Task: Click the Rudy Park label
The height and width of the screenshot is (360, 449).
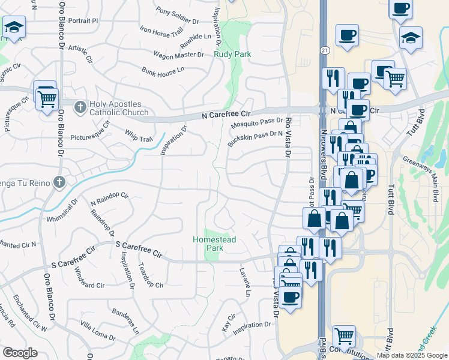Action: pyautogui.click(x=232, y=54)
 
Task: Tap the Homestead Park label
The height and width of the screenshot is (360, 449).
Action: pyautogui.click(x=214, y=244)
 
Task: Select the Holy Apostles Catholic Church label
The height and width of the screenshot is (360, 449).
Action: pyautogui.click(x=119, y=108)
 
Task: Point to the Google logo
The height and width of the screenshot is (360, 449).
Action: pyautogui.click(x=20, y=353)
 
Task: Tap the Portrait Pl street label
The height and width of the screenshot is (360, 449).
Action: pyautogui.click(x=83, y=20)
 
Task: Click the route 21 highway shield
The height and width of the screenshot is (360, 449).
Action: pyautogui.click(x=324, y=49)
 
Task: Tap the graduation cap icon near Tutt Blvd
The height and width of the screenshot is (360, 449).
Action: pyautogui.click(x=411, y=37)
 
